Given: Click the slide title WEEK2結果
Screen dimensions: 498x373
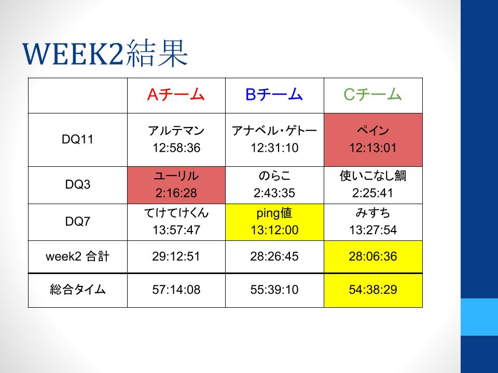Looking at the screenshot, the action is [x=105, y=53].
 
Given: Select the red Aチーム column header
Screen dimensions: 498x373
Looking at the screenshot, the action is [x=176, y=94].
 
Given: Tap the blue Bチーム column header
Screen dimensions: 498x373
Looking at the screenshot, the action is [x=274, y=94].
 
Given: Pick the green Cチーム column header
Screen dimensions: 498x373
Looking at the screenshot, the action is [x=372, y=94].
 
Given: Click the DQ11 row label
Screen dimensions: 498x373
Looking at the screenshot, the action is [x=77, y=139].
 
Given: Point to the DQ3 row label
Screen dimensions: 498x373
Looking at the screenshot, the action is [x=77, y=184].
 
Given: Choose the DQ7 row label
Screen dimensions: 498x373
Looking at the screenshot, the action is [x=77, y=221].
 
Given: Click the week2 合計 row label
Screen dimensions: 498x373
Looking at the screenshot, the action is [x=77, y=256].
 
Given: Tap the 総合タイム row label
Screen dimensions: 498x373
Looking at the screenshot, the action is [x=77, y=290].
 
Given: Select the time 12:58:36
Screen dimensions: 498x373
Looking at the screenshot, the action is [x=176, y=148].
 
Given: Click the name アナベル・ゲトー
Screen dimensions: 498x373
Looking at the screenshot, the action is [x=274, y=131].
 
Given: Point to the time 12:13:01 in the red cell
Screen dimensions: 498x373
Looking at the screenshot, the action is [x=373, y=148].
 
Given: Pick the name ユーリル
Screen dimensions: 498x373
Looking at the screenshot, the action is [x=176, y=176].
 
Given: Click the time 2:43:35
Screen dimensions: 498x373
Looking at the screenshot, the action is [x=274, y=193].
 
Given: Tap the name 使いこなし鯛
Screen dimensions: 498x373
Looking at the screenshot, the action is [x=373, y=176].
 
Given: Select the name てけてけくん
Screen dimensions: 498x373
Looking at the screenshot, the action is [x=176, y=213].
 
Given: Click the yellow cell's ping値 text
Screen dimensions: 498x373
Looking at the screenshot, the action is [x=274, y=213].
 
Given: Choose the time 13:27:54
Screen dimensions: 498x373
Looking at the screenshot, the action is [x=373, y=230].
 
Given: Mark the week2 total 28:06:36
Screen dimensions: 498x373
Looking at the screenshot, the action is [x=373, y=256].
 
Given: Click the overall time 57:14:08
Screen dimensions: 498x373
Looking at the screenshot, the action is [x=176, y=290].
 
